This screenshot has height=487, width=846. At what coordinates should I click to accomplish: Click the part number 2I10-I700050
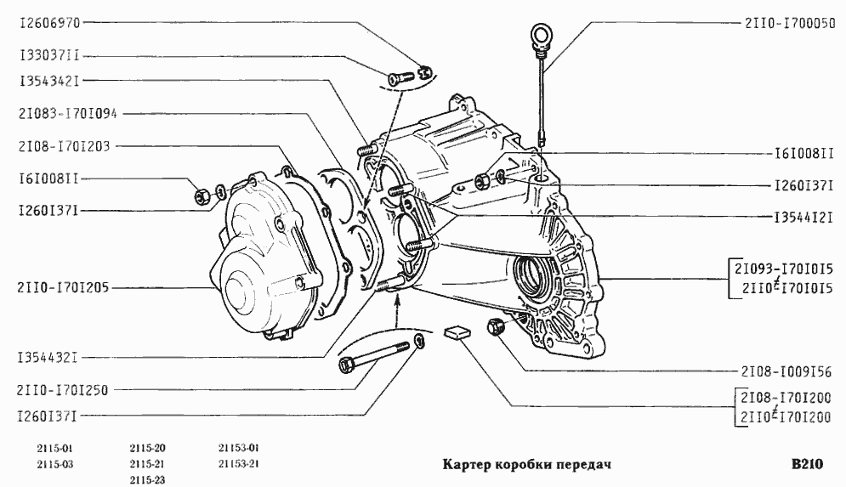[791, 23]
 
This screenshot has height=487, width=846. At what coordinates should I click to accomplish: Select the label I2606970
[49, 23]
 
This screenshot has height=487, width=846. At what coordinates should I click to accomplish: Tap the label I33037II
[49, 55]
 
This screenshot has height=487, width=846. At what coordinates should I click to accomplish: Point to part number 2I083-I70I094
[68, 114]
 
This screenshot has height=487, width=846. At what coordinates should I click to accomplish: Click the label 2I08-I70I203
[65, 146]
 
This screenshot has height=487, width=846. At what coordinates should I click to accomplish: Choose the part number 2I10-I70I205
[63, 287]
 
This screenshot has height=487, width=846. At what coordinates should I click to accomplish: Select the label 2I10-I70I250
[63, 390]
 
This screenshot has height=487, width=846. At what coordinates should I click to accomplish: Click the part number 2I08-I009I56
[786, 371]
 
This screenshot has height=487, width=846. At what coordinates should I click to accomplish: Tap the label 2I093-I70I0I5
[783, 268]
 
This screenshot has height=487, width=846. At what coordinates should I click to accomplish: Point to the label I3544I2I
[804, 218]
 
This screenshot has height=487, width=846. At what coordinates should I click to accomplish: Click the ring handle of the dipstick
[540, 36]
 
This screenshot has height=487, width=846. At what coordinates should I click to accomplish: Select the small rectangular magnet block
[457, 332]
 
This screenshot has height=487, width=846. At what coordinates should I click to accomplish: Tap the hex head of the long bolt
[346, 365]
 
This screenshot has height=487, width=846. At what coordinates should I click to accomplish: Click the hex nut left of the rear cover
[202, 195]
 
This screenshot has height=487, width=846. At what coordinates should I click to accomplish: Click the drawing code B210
[807, 464]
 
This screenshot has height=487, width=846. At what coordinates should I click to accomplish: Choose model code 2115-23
[147, 480]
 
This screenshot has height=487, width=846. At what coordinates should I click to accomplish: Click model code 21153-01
[239, 448]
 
